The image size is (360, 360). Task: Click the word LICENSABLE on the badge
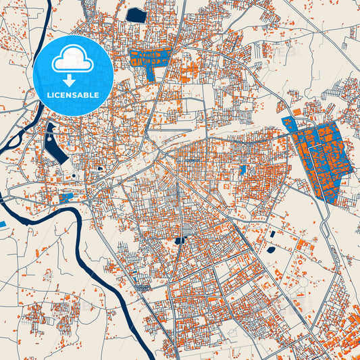point(72,95)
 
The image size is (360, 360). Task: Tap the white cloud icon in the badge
point(72,59)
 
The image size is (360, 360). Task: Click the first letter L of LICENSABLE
point(49,95)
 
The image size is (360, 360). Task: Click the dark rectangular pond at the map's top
point(136,15)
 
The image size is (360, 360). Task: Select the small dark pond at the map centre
point(180,240)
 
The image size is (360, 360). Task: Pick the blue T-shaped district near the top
point(150,58)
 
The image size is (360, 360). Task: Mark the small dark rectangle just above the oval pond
point(272,234)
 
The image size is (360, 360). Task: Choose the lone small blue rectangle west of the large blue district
point(242,170)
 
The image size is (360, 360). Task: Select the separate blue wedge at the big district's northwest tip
point(288,124)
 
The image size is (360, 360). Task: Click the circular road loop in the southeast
point(298,297)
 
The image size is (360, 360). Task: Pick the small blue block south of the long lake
point(66,197)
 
